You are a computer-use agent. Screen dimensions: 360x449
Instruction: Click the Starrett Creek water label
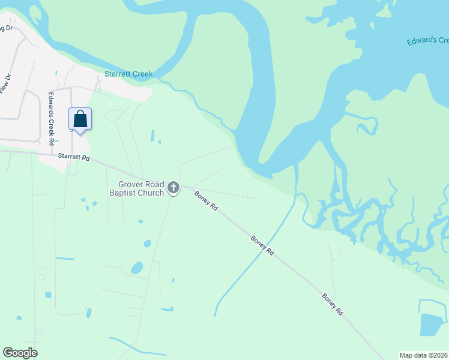(x=128, y=74)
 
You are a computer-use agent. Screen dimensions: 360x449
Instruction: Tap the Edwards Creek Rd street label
(x=52, y=118)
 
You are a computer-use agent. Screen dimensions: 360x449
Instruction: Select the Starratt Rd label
(x=74, y=157)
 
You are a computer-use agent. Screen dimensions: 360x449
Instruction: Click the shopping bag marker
(x=80, y=119)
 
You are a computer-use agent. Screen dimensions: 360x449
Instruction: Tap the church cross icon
(x=173, y=188)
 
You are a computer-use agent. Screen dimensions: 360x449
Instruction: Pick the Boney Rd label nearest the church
(x=205, y=200)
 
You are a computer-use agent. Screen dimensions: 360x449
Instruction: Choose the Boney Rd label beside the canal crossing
(x=262, y=245)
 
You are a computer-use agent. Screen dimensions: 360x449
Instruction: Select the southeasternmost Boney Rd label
(x=332, y=304)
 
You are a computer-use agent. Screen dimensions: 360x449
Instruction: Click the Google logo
(x=20, y=353)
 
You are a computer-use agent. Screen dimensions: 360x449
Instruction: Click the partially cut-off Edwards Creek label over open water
(x=427, y=41)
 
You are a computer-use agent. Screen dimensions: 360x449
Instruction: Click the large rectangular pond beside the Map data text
(x=430, y=325)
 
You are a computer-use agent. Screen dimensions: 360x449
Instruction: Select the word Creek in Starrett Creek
(x=142, y=74)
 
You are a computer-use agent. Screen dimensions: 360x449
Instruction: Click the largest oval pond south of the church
(x=137, y=268)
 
